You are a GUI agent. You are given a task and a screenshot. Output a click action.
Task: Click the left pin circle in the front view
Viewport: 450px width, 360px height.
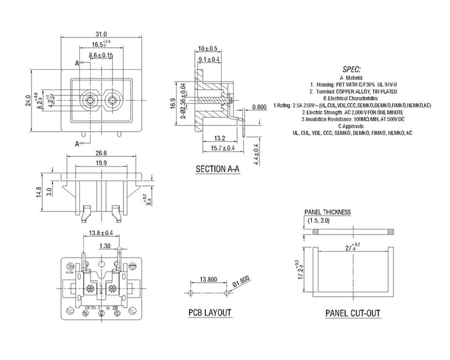88,101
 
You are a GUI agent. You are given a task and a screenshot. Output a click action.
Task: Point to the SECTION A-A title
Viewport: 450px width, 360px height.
217,168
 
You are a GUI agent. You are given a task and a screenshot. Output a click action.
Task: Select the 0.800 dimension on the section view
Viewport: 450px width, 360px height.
259,107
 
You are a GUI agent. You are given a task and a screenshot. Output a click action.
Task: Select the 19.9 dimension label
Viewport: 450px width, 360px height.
102,163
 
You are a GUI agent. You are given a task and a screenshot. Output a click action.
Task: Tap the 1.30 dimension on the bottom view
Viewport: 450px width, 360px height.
104,245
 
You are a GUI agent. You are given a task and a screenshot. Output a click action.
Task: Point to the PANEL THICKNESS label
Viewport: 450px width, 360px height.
327,212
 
